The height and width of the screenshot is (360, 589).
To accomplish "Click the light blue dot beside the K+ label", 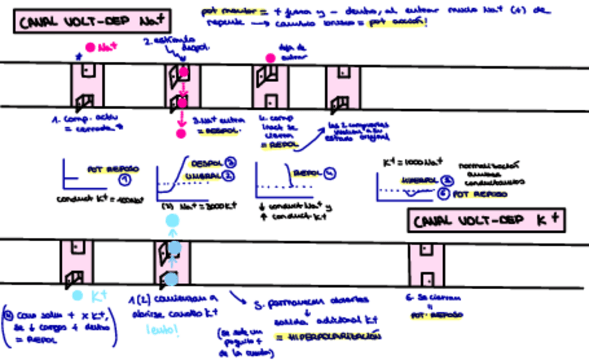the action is [78, 295].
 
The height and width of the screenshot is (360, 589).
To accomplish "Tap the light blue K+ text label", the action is [98, 296].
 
